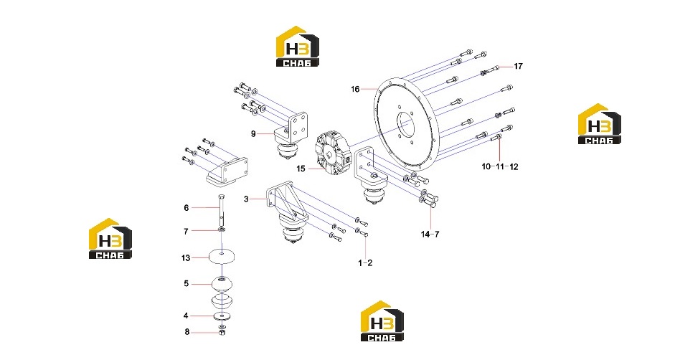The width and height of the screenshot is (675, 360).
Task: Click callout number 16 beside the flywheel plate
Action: click(x=355, y=89)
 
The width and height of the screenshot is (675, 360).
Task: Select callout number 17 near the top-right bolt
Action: click(x=519, y=66)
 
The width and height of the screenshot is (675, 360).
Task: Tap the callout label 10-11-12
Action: click(x=500, y=166)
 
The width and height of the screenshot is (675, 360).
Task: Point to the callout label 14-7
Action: click(x=430, y=235)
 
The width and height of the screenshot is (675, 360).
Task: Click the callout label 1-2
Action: click(x=366, y=262)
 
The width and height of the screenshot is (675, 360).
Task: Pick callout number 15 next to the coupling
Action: click(x=301, y=169)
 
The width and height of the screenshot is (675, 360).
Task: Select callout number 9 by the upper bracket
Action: click(x=253, y=134)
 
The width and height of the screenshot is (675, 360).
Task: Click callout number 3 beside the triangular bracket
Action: click(x=246, y=199)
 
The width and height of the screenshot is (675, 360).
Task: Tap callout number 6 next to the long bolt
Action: click(x=187, y=207)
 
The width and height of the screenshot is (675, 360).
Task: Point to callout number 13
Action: click(x=186, y=258)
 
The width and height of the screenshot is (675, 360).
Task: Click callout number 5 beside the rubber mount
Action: click(x=187, y=284)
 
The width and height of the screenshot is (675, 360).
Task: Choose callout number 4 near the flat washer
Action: click(x=186, y=316)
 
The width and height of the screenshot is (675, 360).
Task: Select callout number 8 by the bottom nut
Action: click(x=187, y=332)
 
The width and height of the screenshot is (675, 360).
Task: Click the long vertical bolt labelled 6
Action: click(x=221, y=211)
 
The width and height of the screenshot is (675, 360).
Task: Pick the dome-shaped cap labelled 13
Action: click(x=222, y=257)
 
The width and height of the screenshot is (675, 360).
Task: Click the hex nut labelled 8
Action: click(x=222, y=333)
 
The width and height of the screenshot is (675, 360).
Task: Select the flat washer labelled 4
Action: click(x=222, y=316)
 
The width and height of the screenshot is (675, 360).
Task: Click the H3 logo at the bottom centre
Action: click(x=382, y=321)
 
